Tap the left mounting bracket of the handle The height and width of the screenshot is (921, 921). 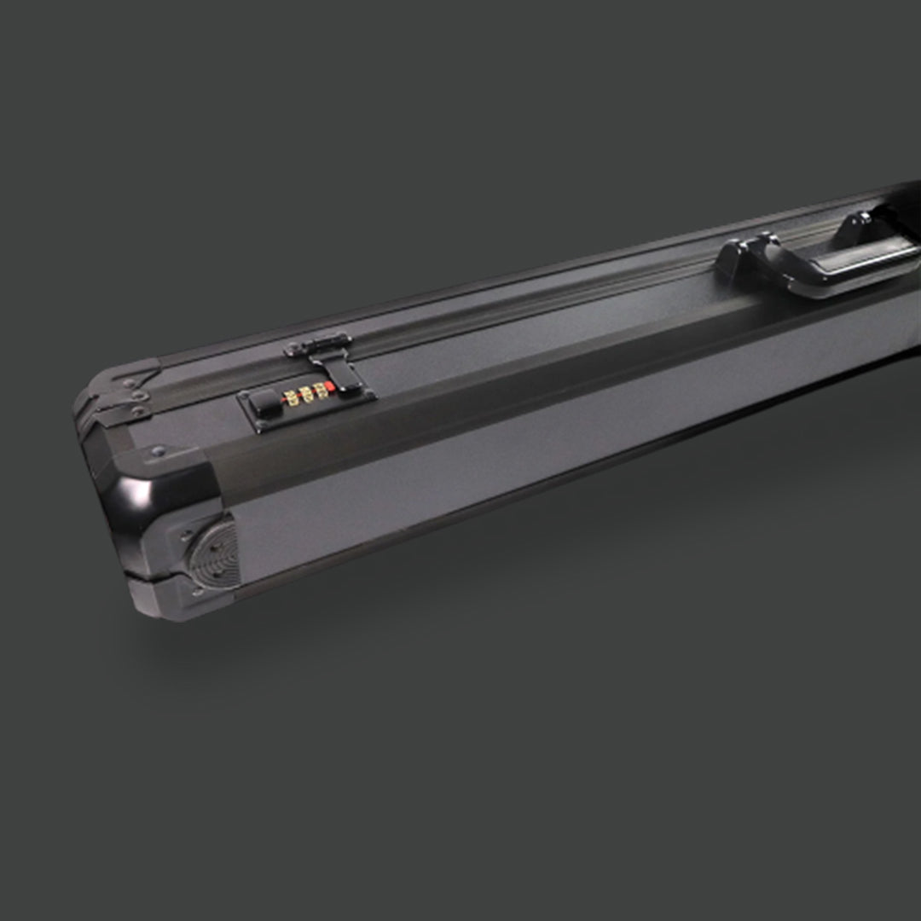[x=739, y=256]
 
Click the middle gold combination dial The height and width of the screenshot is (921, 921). [x=306, y=395]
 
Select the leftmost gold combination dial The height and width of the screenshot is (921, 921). [x=290, y=398]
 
